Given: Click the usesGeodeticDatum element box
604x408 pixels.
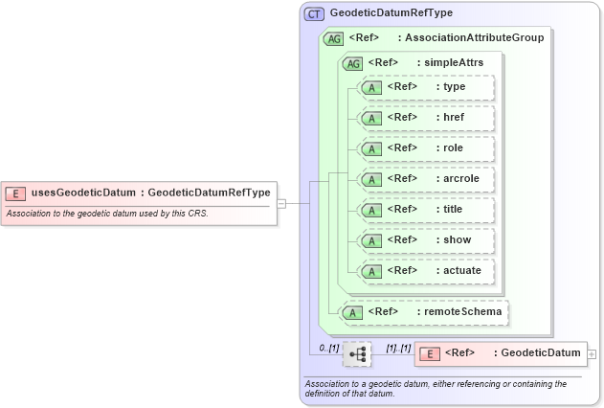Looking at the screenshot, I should [140, 193].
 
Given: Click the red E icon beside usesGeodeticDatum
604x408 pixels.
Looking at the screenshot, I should [16, 193].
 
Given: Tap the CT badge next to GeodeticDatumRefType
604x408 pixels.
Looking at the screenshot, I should [314, 13].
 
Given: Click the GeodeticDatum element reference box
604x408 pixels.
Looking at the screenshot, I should [499, 353].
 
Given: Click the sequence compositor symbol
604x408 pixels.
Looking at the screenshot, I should [357, 354].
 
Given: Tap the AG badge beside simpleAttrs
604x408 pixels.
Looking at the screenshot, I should [352, 62].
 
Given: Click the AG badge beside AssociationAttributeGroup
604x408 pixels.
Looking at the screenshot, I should [334, 38].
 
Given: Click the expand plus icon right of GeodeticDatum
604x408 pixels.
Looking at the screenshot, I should [591, 353].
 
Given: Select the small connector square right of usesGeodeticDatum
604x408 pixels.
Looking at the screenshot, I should [281, 203].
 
